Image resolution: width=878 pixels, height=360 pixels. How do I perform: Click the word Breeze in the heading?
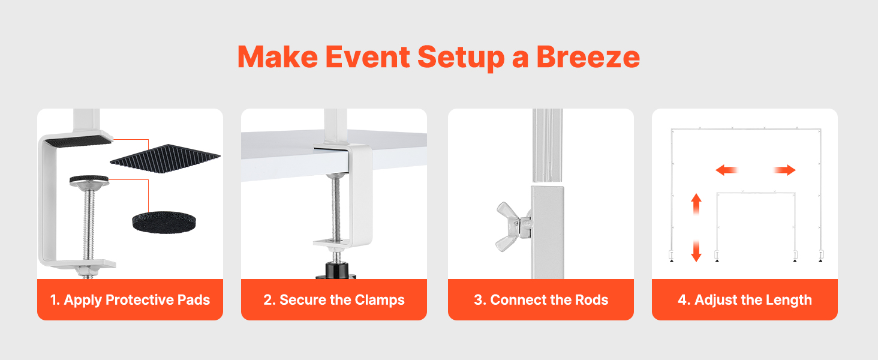tap(588, 57)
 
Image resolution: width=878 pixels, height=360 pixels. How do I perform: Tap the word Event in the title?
tap(368, 57)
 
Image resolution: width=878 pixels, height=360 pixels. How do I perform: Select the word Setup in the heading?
tap(461, 58)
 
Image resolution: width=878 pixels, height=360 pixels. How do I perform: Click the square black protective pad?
tap(165, 158)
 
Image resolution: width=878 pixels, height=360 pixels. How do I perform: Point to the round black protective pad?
tap(164, 223)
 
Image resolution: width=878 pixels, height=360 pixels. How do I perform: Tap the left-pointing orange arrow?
tap(726, 170)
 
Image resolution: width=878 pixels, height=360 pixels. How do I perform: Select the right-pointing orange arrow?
tap(784, 170)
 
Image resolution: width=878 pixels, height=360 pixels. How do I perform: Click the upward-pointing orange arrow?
tap(696, 204)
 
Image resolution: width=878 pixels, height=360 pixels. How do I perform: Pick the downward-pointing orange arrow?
tap(696, 251)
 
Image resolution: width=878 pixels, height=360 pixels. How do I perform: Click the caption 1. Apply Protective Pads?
tap(130, 300)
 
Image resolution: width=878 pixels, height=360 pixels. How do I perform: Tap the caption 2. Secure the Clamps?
tap(334, 300)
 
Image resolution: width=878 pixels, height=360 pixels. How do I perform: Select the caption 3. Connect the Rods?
tap(541, 300)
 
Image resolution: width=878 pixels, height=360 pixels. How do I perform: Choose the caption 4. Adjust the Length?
tap(745, 300)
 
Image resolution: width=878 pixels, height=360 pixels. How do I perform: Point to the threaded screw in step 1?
tap(89, 225)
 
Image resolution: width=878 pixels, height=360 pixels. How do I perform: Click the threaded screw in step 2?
tap(336, 208)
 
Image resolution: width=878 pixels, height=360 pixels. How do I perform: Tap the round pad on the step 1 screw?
tap(89, 179)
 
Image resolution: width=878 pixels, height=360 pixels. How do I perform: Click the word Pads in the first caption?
tap(194, 300)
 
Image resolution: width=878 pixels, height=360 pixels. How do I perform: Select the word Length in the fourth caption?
tap(789, 301)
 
